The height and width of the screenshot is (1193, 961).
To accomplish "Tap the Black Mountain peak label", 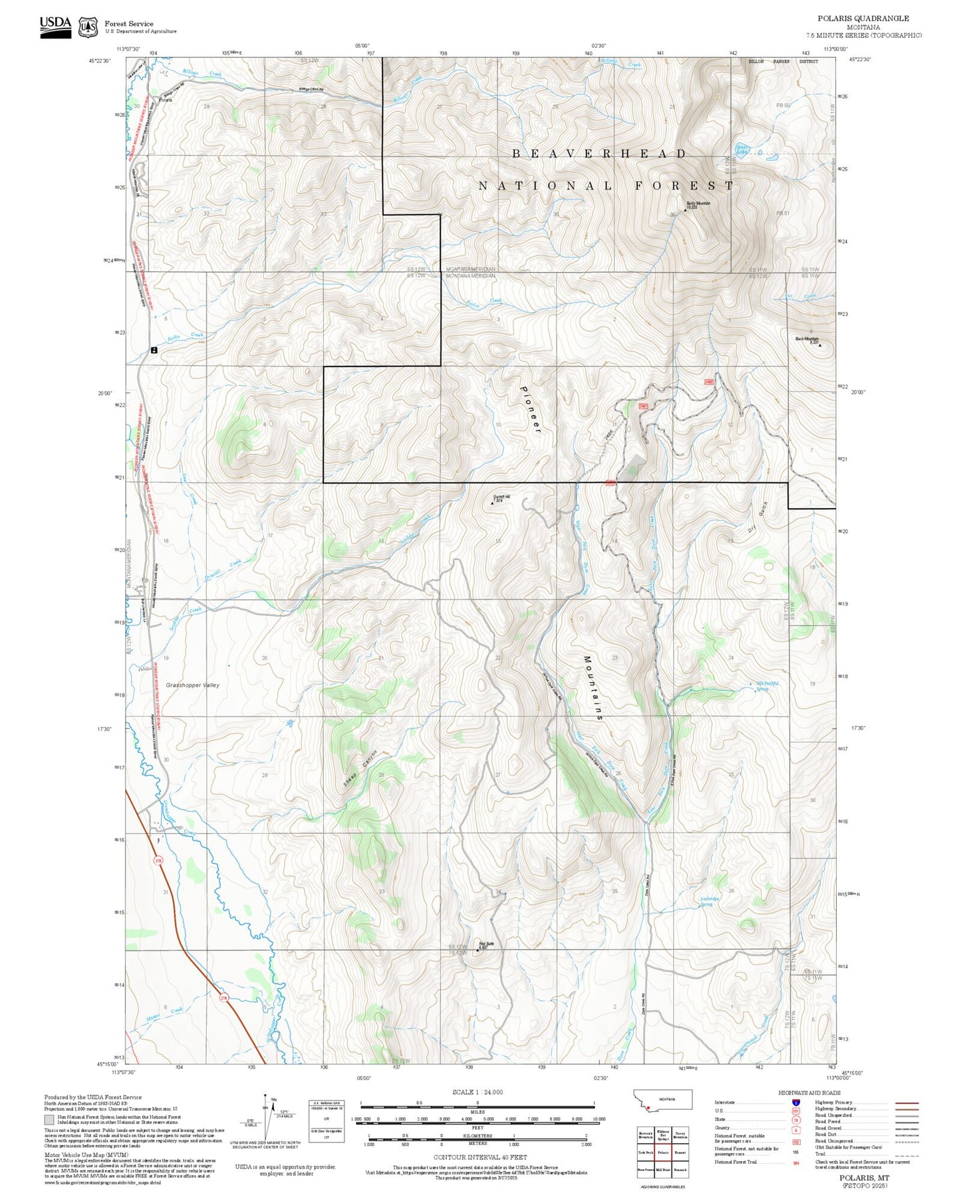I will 807,339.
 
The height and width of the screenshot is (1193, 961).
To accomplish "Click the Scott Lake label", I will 742,150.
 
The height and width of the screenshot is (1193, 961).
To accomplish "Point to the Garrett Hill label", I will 501,497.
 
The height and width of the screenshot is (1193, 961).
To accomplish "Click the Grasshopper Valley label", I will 192,685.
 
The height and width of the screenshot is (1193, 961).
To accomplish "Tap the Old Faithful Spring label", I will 767,686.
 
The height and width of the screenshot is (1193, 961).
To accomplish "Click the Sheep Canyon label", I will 360,770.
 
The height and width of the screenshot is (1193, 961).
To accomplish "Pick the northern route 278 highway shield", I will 158,861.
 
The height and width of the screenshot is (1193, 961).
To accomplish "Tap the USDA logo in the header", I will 55,27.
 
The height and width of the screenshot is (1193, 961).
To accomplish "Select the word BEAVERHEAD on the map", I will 599,154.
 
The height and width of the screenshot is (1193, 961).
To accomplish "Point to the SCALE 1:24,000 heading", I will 477,1092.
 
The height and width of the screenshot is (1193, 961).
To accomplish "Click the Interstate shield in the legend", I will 795,1103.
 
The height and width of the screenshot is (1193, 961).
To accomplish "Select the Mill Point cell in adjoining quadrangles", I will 663,1169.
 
